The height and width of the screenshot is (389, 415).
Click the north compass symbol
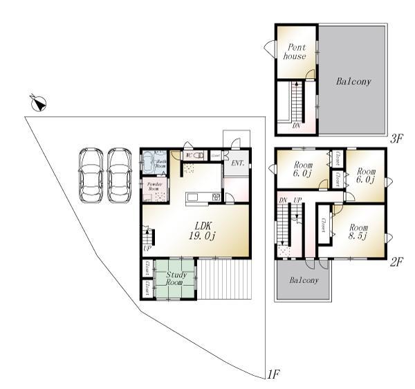(39, 105)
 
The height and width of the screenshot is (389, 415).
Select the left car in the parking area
(91, 175)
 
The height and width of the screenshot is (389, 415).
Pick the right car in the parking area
(119, 175)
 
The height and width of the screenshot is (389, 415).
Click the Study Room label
(174, 279)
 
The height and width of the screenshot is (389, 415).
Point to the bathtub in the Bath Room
(148, 165)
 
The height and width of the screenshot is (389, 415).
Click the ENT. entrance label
(237, 163)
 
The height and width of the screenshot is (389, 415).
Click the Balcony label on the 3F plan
(353, 82)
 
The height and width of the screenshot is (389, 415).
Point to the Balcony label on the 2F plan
(304, 280)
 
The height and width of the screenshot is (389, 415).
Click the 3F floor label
(396, 138)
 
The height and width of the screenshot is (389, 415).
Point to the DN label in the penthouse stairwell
(296, 126)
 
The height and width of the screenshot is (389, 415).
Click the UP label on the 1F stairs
(147, 248)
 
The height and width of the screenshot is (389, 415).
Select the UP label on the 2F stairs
(298, 201)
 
